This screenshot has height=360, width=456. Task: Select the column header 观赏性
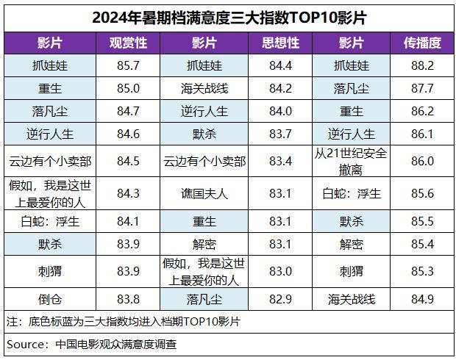[129, 43]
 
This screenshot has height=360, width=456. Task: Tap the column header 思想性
[280, 43]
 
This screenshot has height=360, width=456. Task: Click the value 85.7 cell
[129, 65]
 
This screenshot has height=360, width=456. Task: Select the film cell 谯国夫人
[204, 194]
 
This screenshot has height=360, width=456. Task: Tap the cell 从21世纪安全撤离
[351, 161]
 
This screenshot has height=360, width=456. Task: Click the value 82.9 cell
[280, 298]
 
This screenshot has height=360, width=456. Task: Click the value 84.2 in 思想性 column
[280, 88]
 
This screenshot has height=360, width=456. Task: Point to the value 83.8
[129, 298]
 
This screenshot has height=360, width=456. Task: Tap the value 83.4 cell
[280, 161]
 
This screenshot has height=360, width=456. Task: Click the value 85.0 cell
[129, 88]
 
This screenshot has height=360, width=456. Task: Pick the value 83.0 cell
[280, 271]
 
